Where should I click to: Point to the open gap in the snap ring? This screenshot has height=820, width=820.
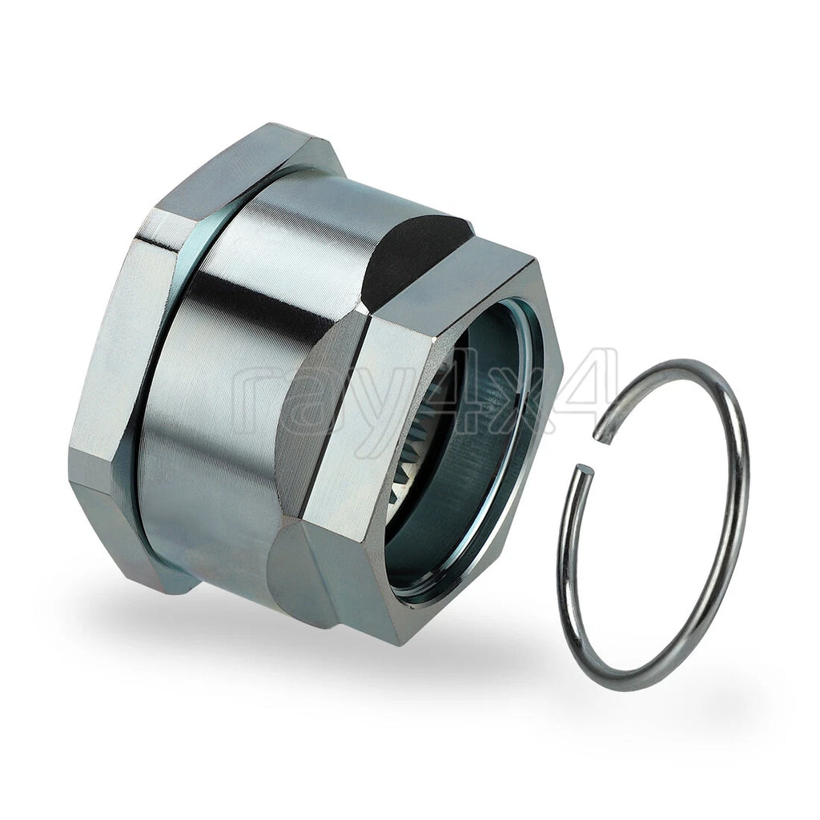(x=594, y=454)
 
